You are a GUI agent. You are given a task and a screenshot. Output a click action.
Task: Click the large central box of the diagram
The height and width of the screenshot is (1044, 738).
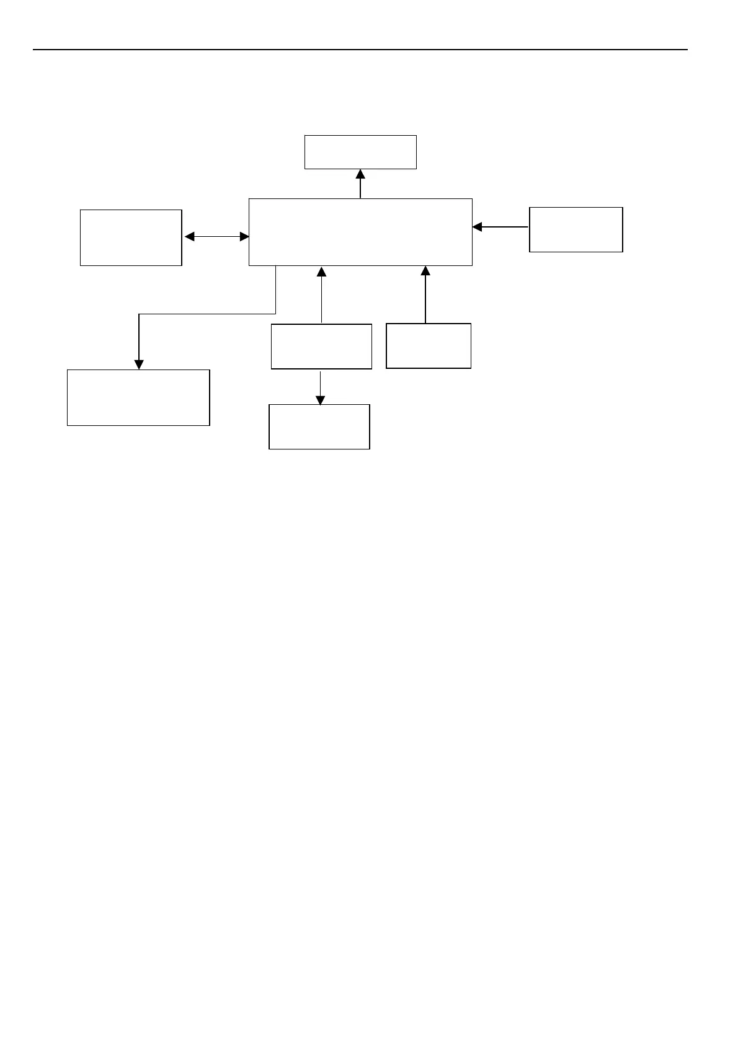click(x=360, y=232)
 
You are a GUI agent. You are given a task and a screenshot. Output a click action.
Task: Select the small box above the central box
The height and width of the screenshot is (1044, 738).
click(x=360, y=152)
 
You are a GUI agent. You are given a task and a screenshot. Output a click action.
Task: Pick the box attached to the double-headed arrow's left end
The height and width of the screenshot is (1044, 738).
click(x=131, y=237)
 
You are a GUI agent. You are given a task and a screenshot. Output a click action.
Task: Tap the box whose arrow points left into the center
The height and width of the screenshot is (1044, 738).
click(x=576, y=229)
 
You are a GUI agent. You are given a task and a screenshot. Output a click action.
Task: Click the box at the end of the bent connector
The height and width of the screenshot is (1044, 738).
click(x=138, y=397)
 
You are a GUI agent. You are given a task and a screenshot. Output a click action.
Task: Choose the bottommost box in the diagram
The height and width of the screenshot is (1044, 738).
click(x=319, y=427)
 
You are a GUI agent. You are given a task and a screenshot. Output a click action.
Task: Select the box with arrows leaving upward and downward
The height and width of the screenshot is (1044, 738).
click(x=321, y=346)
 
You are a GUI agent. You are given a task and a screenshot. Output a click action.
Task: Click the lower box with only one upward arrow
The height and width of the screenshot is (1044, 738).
click(x=428, y=345)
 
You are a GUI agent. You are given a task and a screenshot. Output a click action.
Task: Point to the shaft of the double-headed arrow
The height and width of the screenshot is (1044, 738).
click(x=217, y=236)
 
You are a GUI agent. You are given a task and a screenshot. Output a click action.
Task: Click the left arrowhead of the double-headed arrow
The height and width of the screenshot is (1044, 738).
click(x=190, y=236)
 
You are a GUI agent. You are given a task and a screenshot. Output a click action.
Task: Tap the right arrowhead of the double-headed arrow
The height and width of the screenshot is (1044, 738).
click(x=244, y=236)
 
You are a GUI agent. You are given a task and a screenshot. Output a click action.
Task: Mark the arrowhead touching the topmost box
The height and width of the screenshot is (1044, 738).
click(x=360, y=174)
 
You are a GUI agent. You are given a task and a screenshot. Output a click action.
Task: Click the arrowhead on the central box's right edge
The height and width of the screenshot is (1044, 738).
click(x=478, y=227)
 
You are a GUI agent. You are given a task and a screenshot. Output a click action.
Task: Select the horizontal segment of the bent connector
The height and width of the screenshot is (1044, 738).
click(x=207, y=314)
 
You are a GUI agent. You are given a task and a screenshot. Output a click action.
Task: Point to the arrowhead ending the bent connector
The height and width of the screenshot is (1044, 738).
click(x=139, y=364)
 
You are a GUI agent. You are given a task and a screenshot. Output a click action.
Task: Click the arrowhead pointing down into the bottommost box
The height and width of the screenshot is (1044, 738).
click(x=320, y=400)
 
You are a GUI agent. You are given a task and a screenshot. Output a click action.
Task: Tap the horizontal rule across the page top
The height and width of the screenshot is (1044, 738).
click(x=360, y=49)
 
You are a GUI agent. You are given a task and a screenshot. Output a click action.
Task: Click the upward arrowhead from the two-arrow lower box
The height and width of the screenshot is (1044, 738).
click(x=321, y=272)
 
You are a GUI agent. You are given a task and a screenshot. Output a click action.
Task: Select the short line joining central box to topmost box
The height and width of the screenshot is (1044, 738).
click(x=360, y=188)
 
